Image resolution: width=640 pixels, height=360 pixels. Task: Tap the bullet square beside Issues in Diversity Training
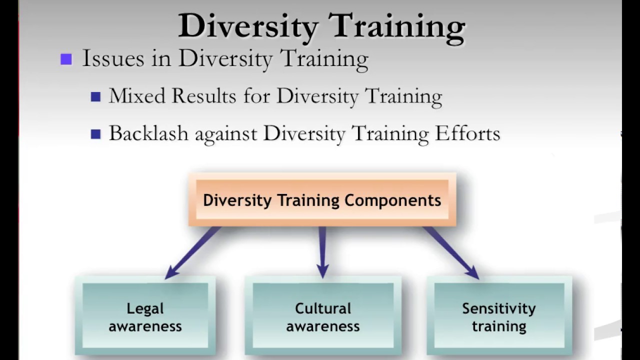coord(66,59)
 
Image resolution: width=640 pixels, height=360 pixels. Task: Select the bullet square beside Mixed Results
coord(96,96)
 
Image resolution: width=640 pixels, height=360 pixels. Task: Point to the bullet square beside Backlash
coord(96,134)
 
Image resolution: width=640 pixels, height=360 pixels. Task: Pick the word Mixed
coord(137,95)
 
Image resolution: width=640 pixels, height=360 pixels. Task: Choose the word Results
coord(204,95)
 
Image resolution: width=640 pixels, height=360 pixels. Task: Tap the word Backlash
coord(148,133)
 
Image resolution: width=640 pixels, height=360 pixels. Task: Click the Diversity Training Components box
coord(322,200)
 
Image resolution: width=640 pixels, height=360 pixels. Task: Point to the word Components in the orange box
coord(393,200)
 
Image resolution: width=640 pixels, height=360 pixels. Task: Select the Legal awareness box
coord(145,317)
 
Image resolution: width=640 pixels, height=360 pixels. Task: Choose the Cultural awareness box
coord(322,317)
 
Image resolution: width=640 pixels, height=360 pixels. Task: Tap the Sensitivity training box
coord(499,317)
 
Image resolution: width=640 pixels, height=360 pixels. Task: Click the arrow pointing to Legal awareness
coord(192,252)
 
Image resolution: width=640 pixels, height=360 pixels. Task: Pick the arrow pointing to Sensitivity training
coord(451,252)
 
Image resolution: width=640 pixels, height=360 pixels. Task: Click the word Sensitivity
coord(499,308)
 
